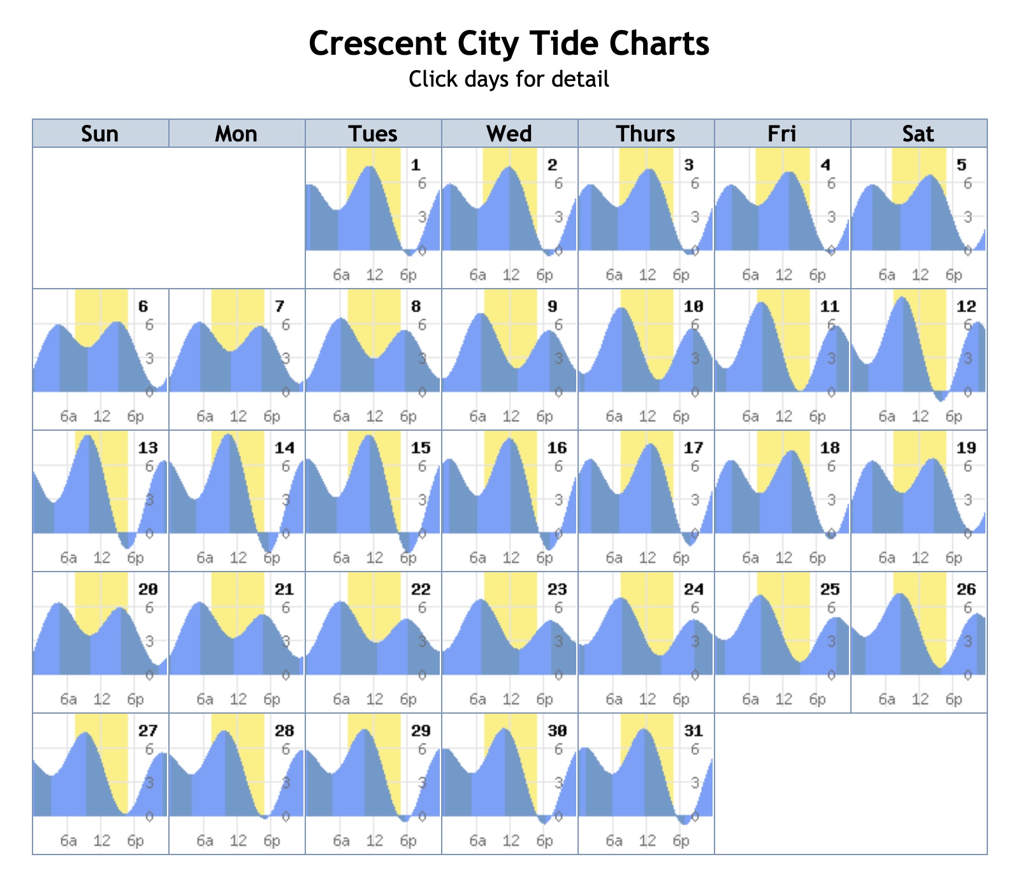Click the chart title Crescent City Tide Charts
click(508, 44)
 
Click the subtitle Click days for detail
click(508, 79)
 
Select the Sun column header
click(100, 134)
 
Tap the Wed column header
click(509, 134)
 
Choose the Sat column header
click(918, 134)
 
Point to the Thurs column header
click(646, 134)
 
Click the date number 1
click(416, 166)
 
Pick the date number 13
click(148, 448)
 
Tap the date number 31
click(693, 731)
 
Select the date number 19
click(966, 448)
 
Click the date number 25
click(830, 589)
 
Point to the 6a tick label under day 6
click(69, 417)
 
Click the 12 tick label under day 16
click(511, 558)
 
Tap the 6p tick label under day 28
click(272, 841)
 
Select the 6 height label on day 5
click(968, 184)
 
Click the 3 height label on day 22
click(422, 641)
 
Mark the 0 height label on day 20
click(149, 674)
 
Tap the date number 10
click(693, 307)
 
